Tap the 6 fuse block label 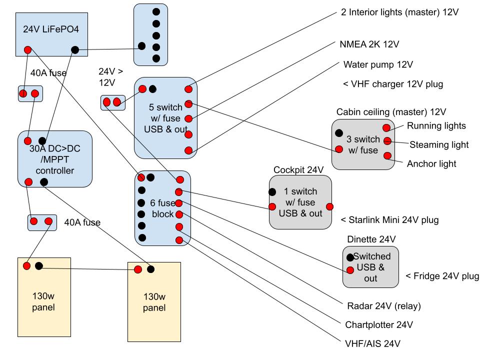[x=162, y=208]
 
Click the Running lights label [x=436, y=126]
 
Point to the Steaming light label [x=439, y=145]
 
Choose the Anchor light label [x=431, y=163]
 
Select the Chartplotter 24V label [x=379, y=324]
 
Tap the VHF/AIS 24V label [x=372, y=343]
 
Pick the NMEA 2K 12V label [x=369, y=44]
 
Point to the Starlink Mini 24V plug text [x=390, y=220]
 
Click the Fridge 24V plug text [x=442, y=276]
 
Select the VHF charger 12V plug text [x=393, y=84]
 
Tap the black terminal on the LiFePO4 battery [x=75, y=49]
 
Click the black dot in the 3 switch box [x=339, y=133]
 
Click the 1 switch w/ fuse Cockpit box [x=300, y=202]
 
